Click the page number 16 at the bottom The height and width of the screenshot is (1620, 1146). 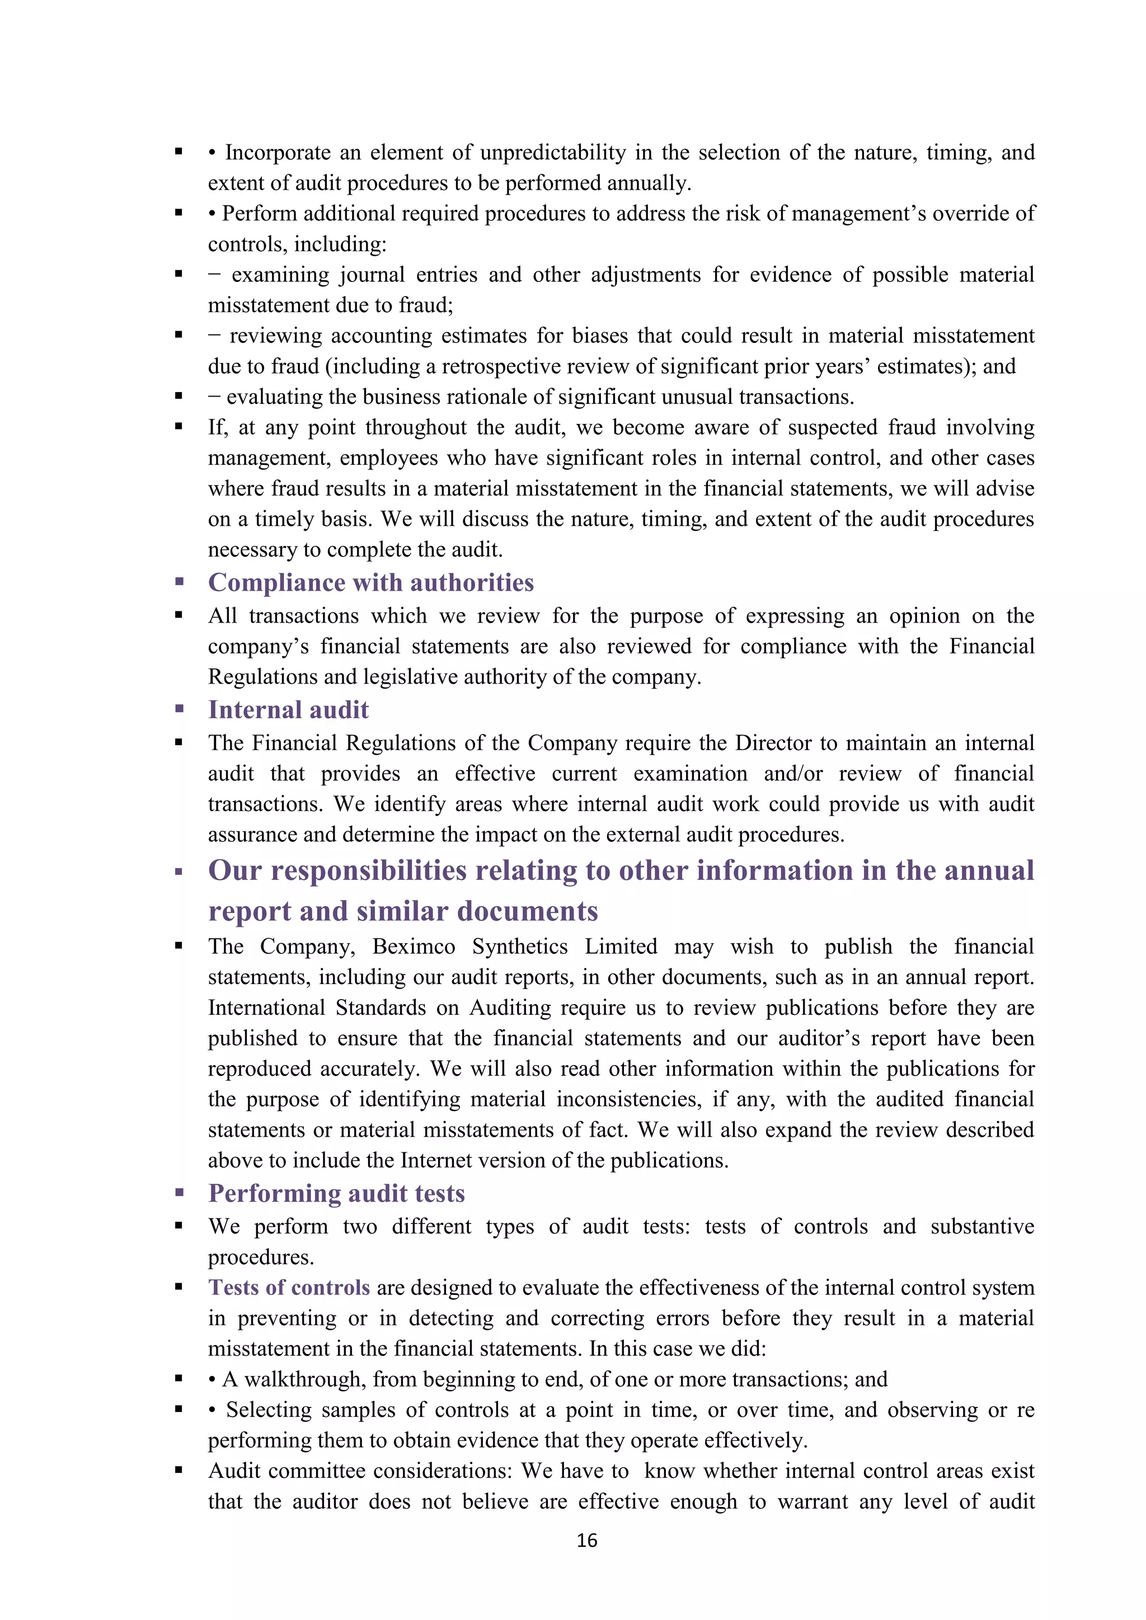[x=586, y=1540]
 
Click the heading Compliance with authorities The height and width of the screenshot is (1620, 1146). [x=370, y=583]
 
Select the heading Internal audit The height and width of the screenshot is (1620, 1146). [x=288, y=710]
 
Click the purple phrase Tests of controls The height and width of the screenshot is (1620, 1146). [x=289, y=1288]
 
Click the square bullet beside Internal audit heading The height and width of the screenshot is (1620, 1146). [x=179, y=709]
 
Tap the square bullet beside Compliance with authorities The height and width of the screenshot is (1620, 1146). [x=179, y=582]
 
